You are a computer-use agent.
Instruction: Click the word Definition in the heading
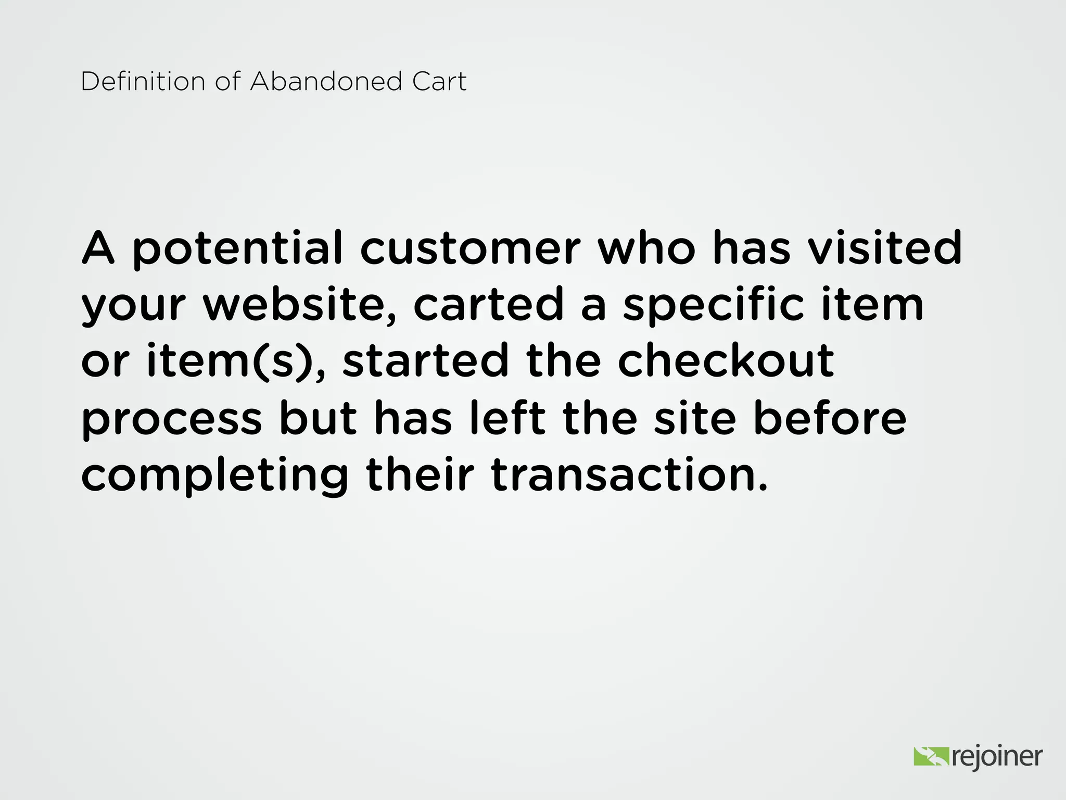click(x=143, y=82)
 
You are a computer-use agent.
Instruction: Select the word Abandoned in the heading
click(x=326, y=82)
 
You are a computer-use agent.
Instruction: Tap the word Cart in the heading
click(x=439, y=82)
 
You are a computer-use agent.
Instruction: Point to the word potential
click(x=238, y=249)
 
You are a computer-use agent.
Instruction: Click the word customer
click(x=470, y=249)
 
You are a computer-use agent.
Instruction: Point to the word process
click(x=172, y=421)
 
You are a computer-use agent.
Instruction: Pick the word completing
click(x=214, y=477)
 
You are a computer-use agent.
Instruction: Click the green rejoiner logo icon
click(x=931, y=756)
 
